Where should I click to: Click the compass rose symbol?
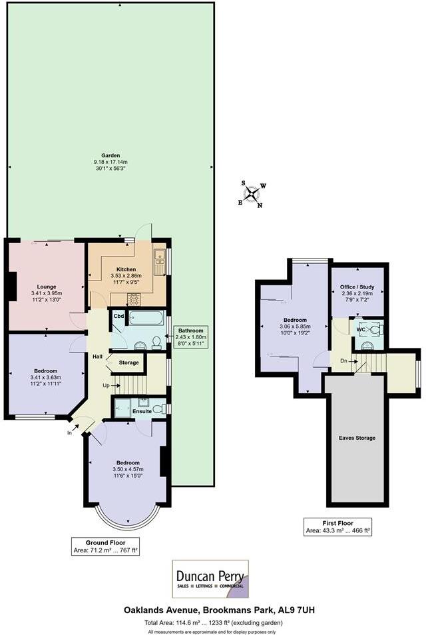[253, 194]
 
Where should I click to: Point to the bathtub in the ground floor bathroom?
[145, 318]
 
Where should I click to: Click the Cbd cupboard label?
[120, 316]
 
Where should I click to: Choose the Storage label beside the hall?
[128, 362]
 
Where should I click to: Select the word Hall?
[98, 357]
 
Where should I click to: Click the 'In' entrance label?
[70, 432]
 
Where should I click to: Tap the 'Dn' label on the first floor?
[343, 362]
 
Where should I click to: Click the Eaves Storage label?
[356, 438]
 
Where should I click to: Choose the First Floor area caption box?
[337, 527]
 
